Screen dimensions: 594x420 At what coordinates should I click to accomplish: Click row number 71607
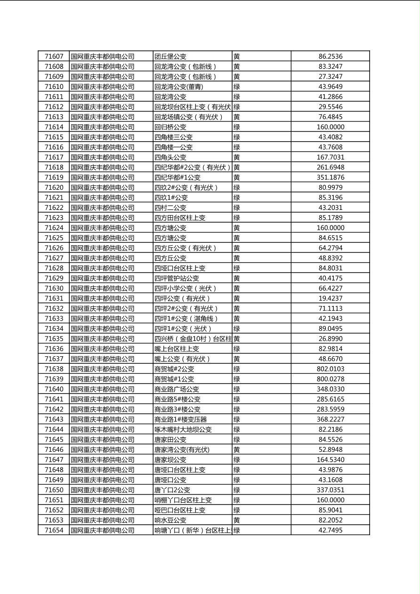(54, 56)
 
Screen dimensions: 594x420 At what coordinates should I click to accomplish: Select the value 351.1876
(330, 177)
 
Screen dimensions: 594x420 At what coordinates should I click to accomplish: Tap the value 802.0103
(330, 369)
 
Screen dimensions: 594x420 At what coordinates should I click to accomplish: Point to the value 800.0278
(330, 379)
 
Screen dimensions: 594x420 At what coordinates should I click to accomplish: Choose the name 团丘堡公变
(170, 56)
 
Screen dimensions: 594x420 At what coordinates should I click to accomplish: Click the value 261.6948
(330, 167)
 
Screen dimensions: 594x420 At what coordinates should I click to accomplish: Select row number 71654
(54, 530)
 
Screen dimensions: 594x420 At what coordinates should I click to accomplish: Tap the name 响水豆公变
(170, 520)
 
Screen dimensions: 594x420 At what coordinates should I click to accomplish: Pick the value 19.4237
(330, 298)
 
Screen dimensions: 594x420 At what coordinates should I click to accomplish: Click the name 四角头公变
(170, 157)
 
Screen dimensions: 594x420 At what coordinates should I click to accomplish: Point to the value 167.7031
(330, 157)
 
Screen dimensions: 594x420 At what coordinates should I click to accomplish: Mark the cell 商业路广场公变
(177, 389)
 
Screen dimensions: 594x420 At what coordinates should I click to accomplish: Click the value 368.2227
(330, 419)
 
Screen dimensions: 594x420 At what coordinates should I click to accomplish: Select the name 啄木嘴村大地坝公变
(183, 429)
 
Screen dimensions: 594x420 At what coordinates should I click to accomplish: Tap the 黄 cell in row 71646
(236, 450)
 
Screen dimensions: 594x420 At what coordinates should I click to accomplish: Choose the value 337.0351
(330, 490)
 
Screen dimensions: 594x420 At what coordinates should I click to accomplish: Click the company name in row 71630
(102, 288)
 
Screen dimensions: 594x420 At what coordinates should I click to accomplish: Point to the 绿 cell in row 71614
(236, 127)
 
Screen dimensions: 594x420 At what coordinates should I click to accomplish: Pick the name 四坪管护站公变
(177, 278)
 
